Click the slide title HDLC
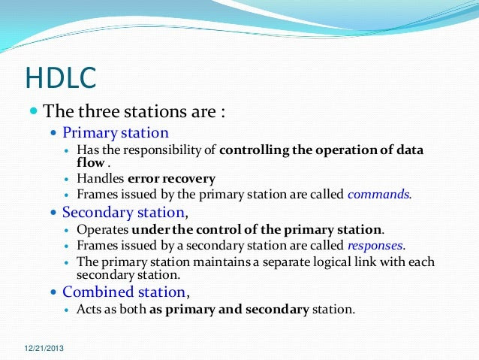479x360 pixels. coord(61,77)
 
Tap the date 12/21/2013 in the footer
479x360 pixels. coord(44,348)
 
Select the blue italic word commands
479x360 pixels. coord(378,194)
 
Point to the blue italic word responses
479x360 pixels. coord(375,245)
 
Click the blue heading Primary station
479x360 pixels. coord(116,133)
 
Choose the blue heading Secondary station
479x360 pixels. coord(123,212)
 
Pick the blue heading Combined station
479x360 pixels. coord(124,292)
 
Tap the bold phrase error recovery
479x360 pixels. coord(171,179)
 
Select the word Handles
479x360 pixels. coord(100,178)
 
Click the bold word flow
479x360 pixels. coord(90,162)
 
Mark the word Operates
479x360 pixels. coord(102,230)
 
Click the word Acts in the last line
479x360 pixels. coord(89,309)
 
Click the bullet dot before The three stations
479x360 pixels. coord(34,110)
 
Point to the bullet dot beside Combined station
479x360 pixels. coord(54,292)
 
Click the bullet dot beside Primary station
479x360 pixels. coord(54,133)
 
